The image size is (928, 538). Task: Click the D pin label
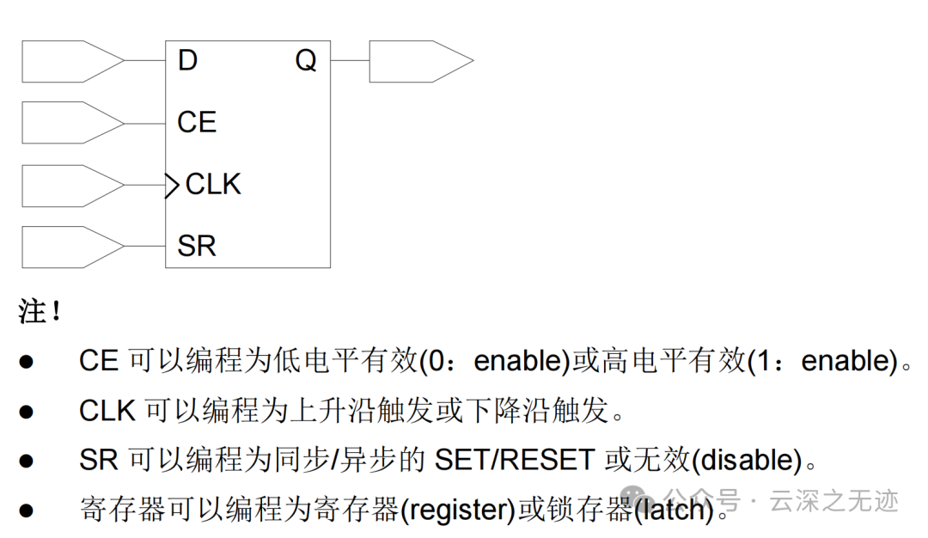tap(187, 61)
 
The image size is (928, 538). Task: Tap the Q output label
tap(306, 61)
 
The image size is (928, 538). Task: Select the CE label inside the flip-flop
tap(197, 123)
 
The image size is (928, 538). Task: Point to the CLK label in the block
tap(213, 185)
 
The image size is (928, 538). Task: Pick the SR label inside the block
tap(197, 247)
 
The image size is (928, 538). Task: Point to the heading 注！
tap(40, 311)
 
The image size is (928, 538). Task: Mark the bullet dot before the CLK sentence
tap(27, 412)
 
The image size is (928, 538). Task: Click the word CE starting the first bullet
tap(99, 361)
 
